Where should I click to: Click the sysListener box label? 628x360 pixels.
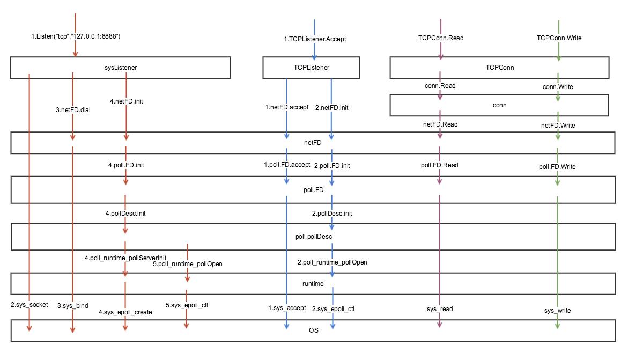[x=120, y=68]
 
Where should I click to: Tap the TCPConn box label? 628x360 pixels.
[x=500, y=68]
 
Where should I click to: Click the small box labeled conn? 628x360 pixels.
[x=499, y=105]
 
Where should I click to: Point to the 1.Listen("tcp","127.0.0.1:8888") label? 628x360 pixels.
[x=75, y=37]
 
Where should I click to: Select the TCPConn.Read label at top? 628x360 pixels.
[x=440, y=38]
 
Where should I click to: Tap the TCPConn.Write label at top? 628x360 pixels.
[x=559, y=38]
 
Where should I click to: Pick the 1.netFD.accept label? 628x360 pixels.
[x=287, y=107]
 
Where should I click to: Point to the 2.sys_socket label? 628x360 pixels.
[x=29, y=305]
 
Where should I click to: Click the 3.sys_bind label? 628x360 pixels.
[x=73, y=306]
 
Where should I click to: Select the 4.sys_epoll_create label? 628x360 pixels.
[x=125, y=312]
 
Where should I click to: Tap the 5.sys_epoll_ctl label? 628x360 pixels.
[x=186, y=305]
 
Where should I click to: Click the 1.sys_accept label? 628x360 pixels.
[x=287, y=308]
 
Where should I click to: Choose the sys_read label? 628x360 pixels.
[x=440, y=309]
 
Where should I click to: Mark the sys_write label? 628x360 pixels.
[x=558, y=311]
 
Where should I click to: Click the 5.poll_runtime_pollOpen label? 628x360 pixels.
[x=188, y=264]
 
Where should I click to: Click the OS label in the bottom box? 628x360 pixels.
[x=313, y=330]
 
